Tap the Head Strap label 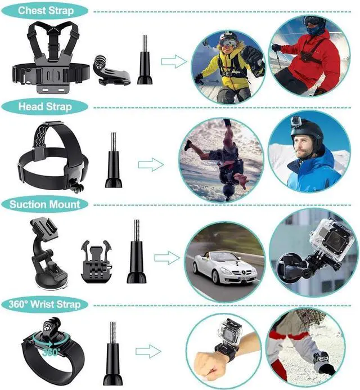coord(44,107)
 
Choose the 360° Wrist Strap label coord(44,304)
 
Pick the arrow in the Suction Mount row coord(167,258)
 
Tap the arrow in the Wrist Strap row coord(148,352)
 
